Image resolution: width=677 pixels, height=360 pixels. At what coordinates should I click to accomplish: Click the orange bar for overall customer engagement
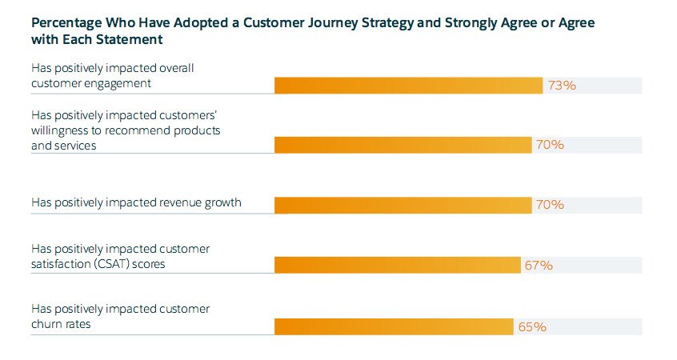408,86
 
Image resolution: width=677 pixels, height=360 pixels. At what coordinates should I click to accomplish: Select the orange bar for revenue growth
403,205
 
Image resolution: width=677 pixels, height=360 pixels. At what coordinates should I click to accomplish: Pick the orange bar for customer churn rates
394,326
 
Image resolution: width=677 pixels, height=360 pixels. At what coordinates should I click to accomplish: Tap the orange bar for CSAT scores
398,265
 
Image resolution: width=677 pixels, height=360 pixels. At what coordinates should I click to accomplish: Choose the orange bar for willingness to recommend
403,145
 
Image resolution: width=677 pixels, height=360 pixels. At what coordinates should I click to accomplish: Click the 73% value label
562,86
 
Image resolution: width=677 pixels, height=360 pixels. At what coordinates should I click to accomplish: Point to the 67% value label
539,265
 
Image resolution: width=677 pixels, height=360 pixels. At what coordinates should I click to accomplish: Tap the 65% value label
532,326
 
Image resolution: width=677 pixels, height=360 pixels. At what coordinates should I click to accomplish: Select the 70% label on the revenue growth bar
550,204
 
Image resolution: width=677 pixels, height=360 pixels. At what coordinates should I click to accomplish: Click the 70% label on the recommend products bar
550,145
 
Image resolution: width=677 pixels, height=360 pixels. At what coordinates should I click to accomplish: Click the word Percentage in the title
66,23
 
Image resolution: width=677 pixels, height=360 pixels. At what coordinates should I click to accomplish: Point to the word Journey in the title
332,23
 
